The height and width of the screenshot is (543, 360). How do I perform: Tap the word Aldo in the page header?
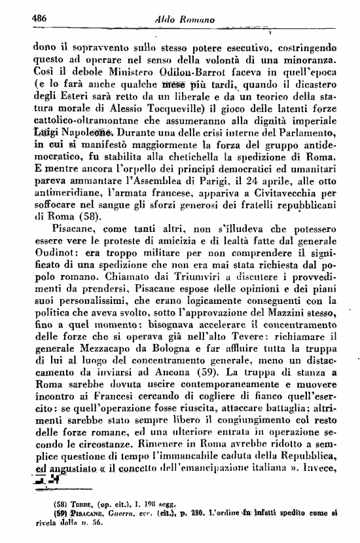click(x=166, y=20)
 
